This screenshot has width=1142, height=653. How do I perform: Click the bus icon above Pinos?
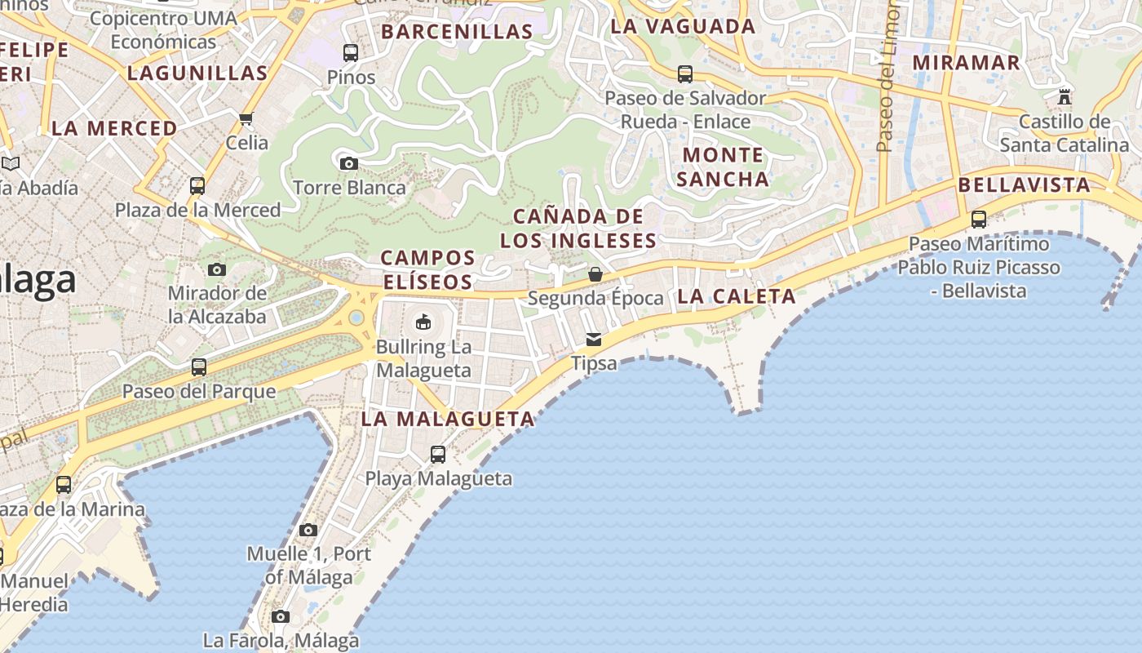click(x=351, y=53)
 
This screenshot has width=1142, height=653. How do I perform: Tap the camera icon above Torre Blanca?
click(x=348, y=163)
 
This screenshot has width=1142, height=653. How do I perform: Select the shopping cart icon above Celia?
click(x=246, y=119)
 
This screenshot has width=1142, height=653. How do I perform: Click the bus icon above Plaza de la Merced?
click(x=197, y=186)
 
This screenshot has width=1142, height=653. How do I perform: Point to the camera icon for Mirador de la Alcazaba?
click(x=216, y=269)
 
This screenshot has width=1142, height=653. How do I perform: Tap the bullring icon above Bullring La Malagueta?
click(x=423, y=322)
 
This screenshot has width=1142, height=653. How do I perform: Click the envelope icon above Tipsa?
click(x=594, y=339)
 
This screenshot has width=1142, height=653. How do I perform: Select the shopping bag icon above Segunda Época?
click(x=595, y=273)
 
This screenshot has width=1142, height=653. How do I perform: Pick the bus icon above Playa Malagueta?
click(x=438, y=455)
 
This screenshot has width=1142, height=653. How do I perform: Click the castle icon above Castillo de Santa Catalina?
click(x=1064, y=97)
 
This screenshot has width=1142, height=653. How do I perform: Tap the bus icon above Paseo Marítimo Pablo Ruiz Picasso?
click(x=979, y=220)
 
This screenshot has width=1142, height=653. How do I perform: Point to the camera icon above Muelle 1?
click(x=308, y=530)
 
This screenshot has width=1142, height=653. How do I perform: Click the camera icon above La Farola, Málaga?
click(x=281, y=616)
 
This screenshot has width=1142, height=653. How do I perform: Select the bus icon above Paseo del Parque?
click(x=199, y=367)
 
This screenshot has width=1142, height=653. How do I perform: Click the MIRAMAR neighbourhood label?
click(x=966, y=63)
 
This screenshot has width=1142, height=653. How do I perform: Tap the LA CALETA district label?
click(x=736, y=296)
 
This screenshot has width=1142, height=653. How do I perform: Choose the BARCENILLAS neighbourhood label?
click(x=457, y=32)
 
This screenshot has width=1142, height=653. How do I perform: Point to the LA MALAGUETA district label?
click(x=448, y=420)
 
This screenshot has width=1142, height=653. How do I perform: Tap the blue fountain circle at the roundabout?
click(x=356, y=318)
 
